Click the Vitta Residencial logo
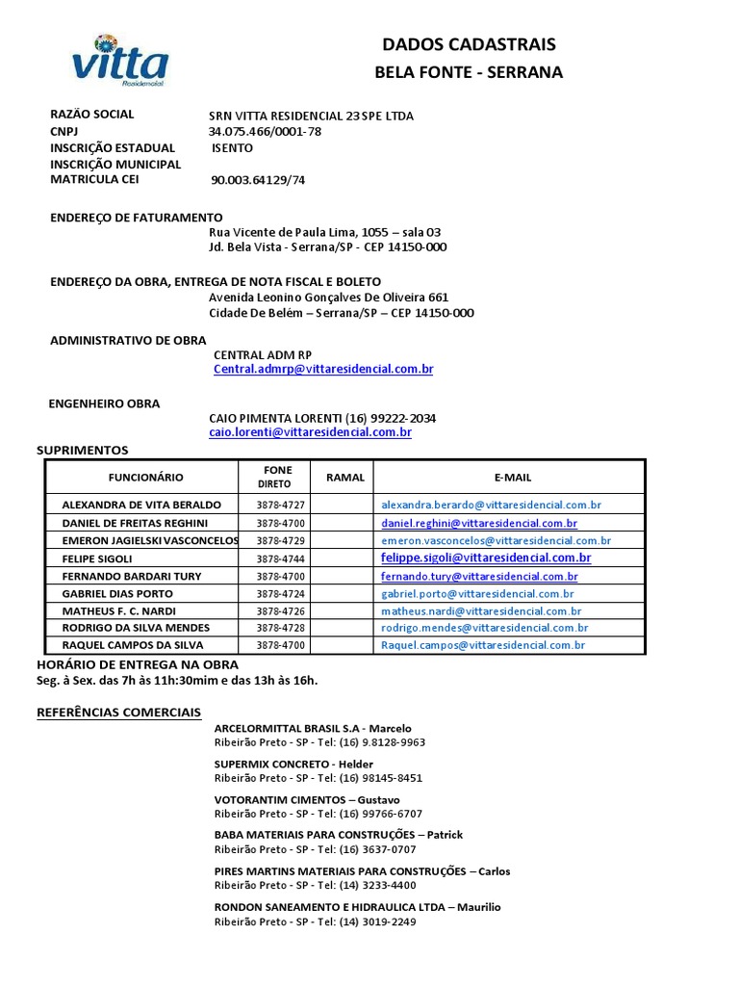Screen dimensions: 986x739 click(119, 61)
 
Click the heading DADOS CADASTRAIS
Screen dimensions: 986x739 click(469, 44)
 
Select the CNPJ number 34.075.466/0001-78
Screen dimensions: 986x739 click(265, 132)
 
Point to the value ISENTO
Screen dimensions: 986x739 click(233, 148)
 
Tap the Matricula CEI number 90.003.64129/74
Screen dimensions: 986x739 click(258, 180)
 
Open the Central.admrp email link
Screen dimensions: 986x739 click(323, 370)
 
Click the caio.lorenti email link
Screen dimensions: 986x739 click(310, 433)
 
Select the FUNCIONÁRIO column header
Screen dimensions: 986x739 click(145, 477)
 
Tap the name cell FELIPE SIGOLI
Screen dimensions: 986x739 click(97, 558)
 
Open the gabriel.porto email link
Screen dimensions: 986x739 click(478, 593)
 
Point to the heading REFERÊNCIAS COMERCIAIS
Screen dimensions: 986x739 click(118, 712)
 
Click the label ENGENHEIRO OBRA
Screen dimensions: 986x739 click(104, 403)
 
